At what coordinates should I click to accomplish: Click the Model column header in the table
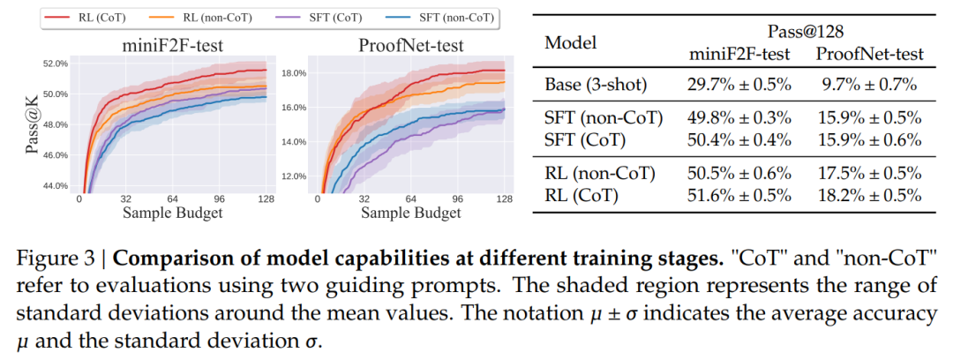pos(571,43)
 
